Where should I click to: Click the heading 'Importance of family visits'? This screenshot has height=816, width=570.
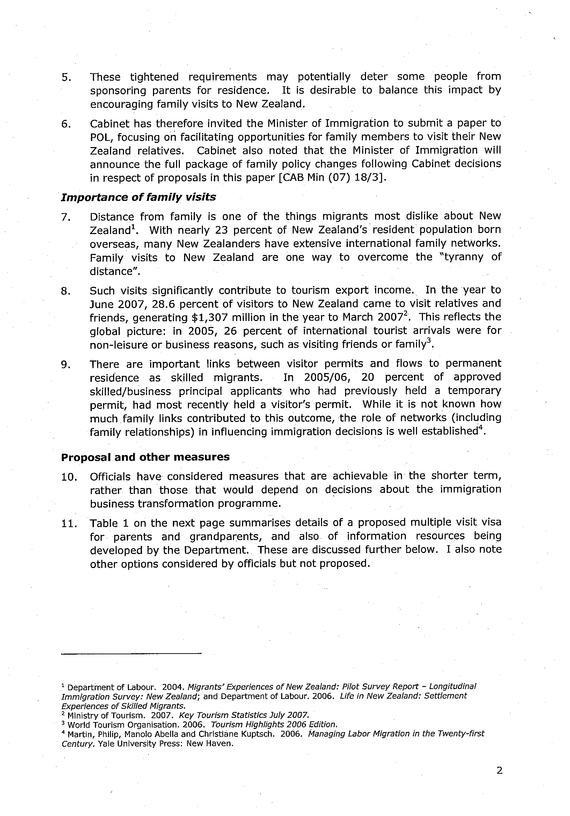tap(138, 197)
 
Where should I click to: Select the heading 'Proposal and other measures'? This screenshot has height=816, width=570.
tap(145, 457)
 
